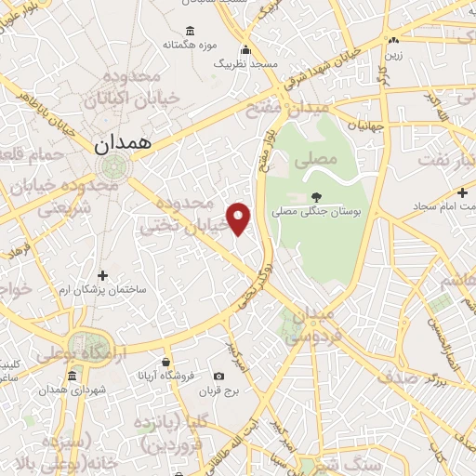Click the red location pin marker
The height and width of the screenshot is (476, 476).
[x=240, y=218]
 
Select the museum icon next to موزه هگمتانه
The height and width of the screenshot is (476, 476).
[x=191, y=31]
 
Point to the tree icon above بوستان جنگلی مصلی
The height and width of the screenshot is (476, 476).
[x=316, y=196]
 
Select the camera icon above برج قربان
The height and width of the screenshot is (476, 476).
[x=218, y=377]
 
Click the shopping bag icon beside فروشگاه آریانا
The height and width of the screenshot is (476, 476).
[x=165, y=362]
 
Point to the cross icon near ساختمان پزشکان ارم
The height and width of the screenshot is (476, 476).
[x=102, y=275]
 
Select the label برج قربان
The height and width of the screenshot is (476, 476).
[x=219, y=391]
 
